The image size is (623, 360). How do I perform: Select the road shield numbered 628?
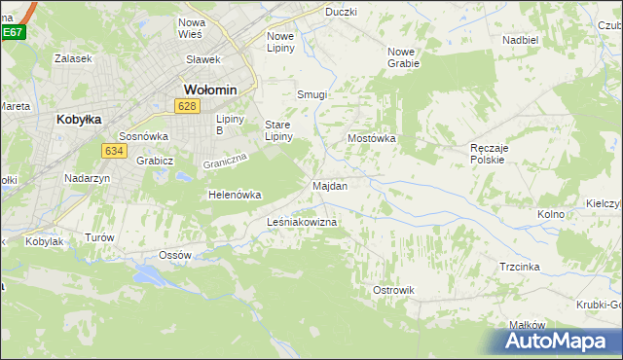click(189, 105)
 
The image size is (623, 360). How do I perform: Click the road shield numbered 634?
click(113, 150)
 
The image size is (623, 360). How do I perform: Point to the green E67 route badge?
click(12, 32)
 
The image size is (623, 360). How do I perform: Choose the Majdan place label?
click(330, 185)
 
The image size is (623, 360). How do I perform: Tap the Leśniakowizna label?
click(302, 223)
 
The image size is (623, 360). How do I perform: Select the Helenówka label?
click(235, 195)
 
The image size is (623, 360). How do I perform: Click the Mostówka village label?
click(372, 138)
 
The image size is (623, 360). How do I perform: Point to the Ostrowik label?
click(394, 290)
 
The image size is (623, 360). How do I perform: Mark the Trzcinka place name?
click(520, 266)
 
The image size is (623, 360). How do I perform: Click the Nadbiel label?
click(521, 40)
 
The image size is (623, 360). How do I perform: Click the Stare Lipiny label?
click(283, 130)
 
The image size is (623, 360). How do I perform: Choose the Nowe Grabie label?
click(403, 56)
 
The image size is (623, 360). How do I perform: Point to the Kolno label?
click(551, 213)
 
